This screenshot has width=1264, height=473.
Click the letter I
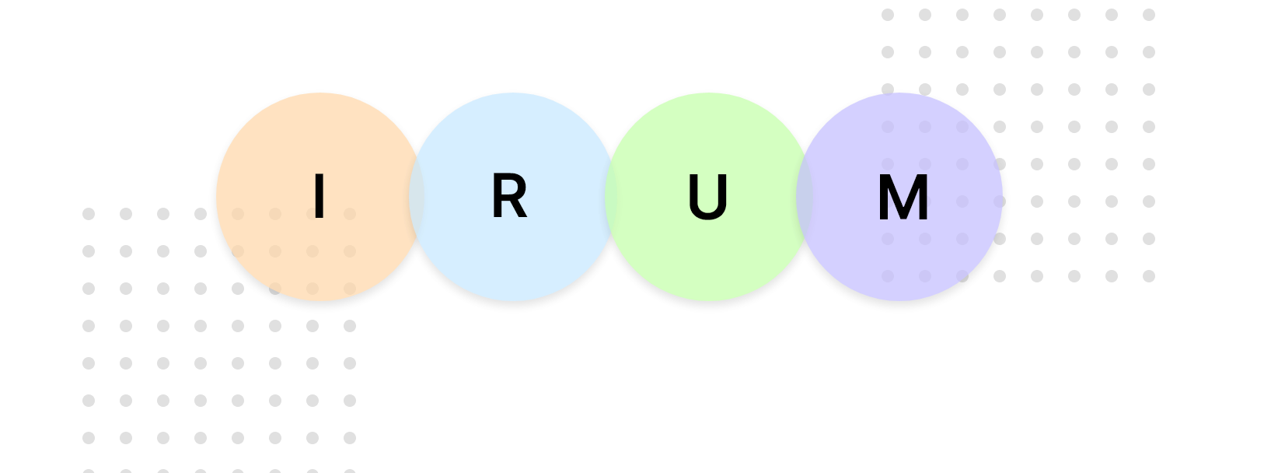click(x=319, y=197)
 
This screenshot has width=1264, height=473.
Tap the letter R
click(x=509, y=198)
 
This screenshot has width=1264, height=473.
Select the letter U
click(x=707, y=198)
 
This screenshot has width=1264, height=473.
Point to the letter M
click(x=903, y=198)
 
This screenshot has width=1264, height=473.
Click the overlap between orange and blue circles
click(x=417, y=197)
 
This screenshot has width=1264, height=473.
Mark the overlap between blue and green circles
click(x=611, y=197)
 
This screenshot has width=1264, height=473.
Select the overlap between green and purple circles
click(x=805, y=197)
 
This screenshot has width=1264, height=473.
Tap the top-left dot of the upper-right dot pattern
click(x=888, y=15)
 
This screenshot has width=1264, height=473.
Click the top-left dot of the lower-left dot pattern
click(x=89, y=214)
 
